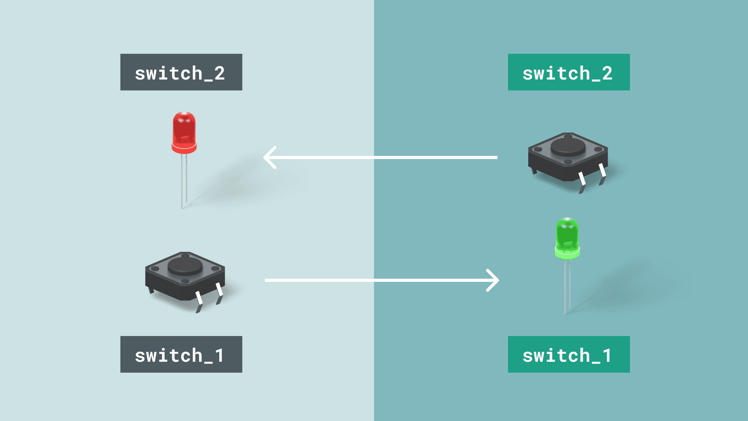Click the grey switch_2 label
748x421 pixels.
pyautogui.click(x=181, y=72)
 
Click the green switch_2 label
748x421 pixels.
pyautogui.click(x=569, y=72)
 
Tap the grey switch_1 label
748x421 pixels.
pyautogui.click(x=181, y=354)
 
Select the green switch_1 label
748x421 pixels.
pyautogui.click(x=569, y=354)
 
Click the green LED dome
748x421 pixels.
pyautogui.click(x=567, y=234)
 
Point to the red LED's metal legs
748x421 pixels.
pyautogui.click(x=184, y=179)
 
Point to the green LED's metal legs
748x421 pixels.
pyautogui.click(x=567, y=287)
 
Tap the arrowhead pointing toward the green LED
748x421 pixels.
pyautogui.click(x=494, y=280)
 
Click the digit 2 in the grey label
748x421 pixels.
pyautogui.click(x=219, y=73)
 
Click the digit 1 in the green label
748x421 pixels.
pyautogui.click(x=607, y=356)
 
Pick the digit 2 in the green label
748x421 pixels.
pyautogui.click(x=607, y=73)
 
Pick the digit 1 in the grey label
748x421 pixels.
pyautogui.click(x=219, y=356)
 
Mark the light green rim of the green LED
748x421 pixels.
pyautogui.click(x=567, y=255)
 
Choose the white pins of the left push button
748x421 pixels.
pyautogui.click(x=199, y=298)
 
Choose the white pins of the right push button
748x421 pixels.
pyautogui.click(x=582, y=179)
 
